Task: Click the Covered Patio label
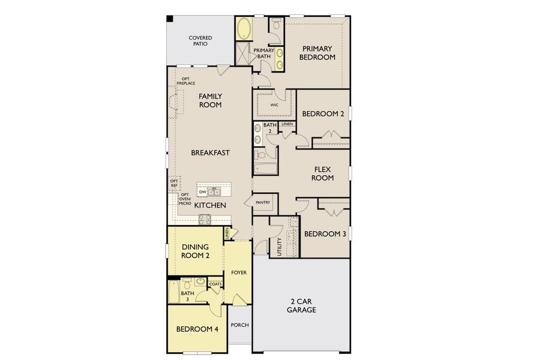tap(200, 41)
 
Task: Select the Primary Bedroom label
tap(318, 53)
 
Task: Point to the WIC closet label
tap(274, 104)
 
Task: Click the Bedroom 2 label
tap(323, 114)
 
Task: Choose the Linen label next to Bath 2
tap(287, 124)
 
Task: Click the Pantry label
tap(263, 203)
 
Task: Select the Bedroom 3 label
tap(324, 234)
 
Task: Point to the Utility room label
tap(279, 247)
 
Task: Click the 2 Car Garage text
tap(301, 306)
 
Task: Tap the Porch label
tap(240, 325)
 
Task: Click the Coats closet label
tap(215, 284)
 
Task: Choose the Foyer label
tap(238, 273)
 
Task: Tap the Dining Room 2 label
tap(195, 250)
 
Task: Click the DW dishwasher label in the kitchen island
tap(203, 192)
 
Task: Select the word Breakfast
tap(211, 153)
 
